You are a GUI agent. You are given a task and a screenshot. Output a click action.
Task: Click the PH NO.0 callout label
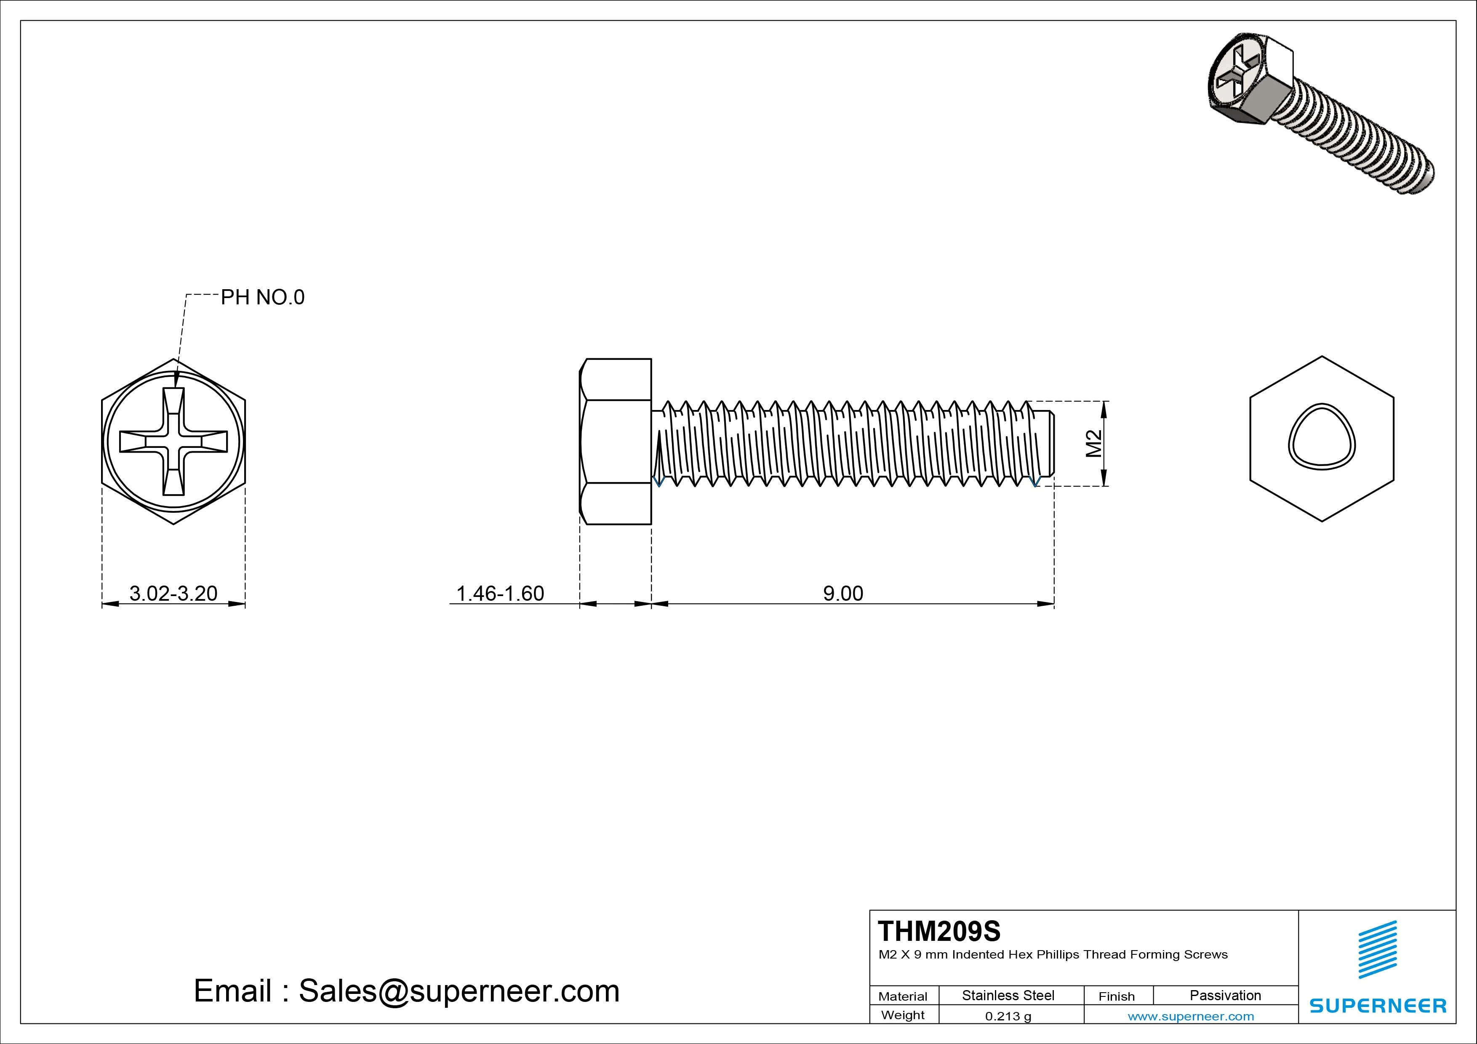point(262,297)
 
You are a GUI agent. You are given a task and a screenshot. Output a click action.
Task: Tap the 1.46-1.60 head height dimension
point(500,593)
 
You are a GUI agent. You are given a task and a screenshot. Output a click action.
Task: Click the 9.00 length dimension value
point(843,593)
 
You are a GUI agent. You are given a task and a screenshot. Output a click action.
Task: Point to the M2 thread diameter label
point(1093,443)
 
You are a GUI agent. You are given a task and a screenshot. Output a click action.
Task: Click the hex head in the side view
point(616,441)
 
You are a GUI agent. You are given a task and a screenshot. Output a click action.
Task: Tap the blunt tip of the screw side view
point(1050,443)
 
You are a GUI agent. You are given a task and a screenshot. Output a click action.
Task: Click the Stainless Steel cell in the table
point(1008,995)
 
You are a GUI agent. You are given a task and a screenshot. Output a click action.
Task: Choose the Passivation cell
point(1225,995)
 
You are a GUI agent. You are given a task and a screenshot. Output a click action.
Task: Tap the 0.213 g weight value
point(1008,1016)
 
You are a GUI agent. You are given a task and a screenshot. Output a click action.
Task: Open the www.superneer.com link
point(1190,1016)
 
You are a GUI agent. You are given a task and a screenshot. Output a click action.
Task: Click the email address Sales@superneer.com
point(459,991)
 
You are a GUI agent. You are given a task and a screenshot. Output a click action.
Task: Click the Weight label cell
point(903,1015)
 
